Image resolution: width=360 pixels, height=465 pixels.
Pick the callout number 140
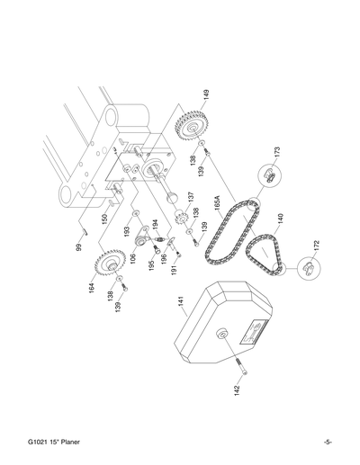283,220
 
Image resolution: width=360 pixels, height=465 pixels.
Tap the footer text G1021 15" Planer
55,442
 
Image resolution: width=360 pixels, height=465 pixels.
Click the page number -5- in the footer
328,442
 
